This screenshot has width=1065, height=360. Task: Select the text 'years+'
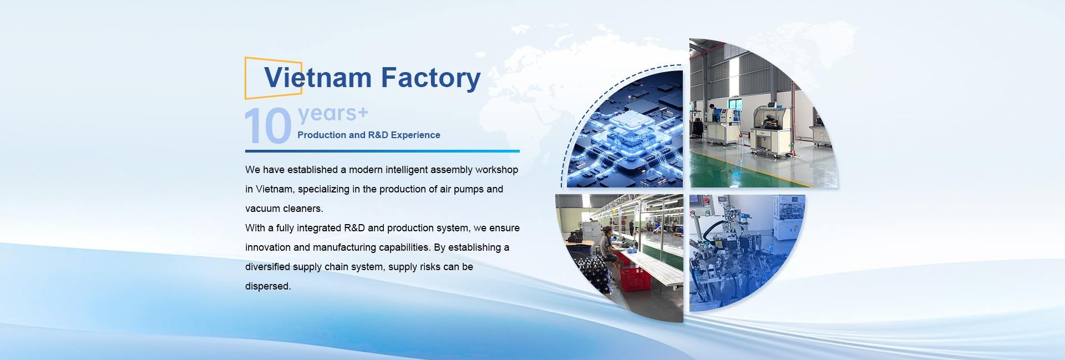coord(333,114)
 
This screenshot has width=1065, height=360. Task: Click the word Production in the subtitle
coord(322,135)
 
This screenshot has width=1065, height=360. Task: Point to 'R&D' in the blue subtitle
coord(378,135)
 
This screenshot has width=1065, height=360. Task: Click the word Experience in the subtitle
coord(415,135)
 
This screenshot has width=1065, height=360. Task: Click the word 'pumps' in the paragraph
coord(469,189)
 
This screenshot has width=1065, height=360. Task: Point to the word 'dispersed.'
coord(268,287)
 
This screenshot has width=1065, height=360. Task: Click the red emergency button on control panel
coord(706,201)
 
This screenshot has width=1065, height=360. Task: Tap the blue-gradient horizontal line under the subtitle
coord(382,151)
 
